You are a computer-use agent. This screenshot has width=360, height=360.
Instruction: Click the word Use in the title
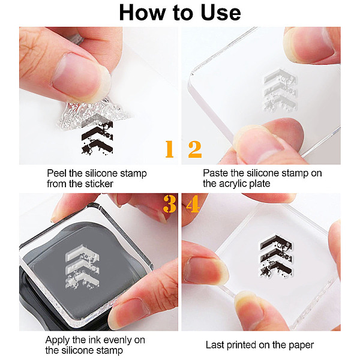point(221,13)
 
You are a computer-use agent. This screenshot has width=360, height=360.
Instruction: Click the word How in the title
point(142,13)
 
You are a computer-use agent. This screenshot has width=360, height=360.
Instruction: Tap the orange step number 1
point(169,149)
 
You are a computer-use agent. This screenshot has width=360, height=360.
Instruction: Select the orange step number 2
point(195,149)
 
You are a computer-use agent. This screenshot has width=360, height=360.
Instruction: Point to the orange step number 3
point(169,204)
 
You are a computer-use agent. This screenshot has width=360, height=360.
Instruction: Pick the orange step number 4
point(193,204)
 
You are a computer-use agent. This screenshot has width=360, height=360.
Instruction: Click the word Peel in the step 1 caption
point(57,173)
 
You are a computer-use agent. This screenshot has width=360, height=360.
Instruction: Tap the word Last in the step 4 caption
point(215,345)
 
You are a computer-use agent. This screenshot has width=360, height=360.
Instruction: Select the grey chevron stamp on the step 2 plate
point(280,91)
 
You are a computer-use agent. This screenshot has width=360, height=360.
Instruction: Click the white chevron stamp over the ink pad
point(82,267)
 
